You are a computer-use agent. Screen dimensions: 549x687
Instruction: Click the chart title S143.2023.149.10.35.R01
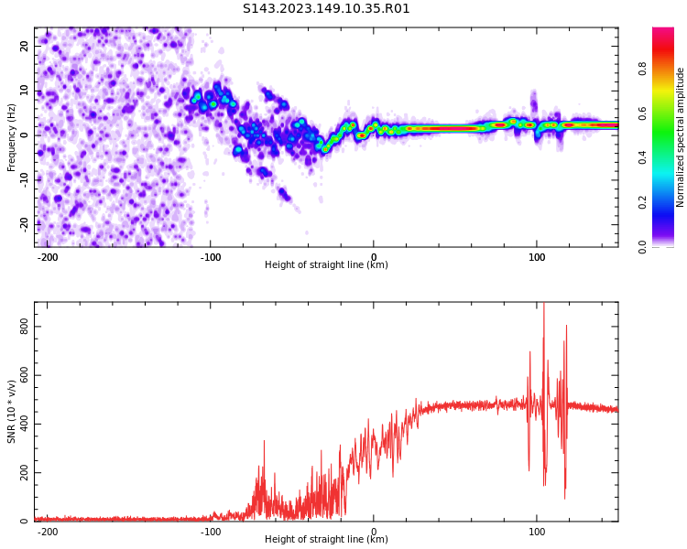click(x=326, y=9)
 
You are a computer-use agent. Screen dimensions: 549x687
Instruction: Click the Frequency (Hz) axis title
click(x=12, y=137)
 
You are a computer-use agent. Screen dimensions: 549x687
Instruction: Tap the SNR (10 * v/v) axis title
click(x=12, y=412)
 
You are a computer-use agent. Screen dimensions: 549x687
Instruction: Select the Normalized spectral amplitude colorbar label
click(x=681, y=137)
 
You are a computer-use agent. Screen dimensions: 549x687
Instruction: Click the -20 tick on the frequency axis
click(x=23, y=223)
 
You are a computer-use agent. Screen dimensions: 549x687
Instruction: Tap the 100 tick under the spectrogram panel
click(x=536, y=257)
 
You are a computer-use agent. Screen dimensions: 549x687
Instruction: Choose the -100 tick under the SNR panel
click(x=210, y=532)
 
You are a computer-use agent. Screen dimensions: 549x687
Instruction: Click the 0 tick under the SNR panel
click(x=374, y=532)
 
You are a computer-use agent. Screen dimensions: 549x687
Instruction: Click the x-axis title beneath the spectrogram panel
click(x=326, y=265)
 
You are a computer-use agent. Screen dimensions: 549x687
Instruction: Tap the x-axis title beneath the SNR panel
click(x=326, y=540)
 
